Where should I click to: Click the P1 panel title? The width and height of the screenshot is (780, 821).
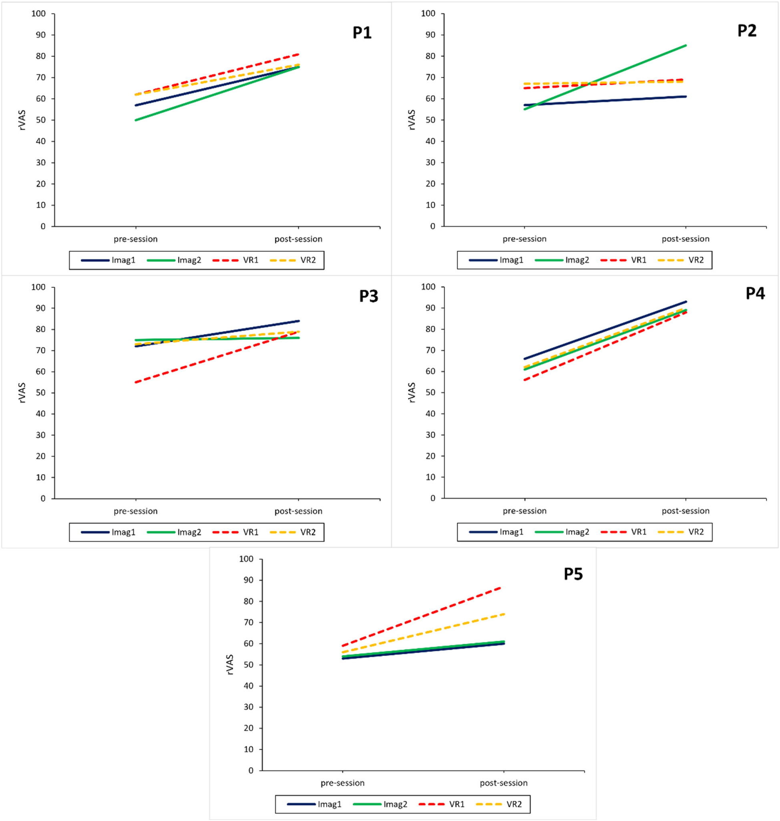pyautogui.click(x=362, y=32)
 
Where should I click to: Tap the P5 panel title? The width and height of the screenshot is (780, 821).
pyautogui.click(x=573, y=574)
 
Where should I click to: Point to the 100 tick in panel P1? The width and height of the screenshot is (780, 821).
pyautogui.click(x=38, y=14)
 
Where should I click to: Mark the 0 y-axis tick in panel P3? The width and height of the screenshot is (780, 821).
pyautogui.click(x=43, y=498)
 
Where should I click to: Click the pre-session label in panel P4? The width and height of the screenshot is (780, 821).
pyautogui.click(x=524, y=511)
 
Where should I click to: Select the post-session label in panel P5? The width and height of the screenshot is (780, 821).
pyautogui.click(x=503, y=783)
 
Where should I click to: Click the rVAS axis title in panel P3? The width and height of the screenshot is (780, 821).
pyautogui.click(x=22, y=393)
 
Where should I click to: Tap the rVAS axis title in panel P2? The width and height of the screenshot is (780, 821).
pyautogui.click(x=412, y=120)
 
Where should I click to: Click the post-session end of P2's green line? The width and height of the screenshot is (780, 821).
pyautogui.click(x=686, y=45)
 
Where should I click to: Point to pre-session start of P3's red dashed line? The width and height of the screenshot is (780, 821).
pyautogui.click(x=136, y=382)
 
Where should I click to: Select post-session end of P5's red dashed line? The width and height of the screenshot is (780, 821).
pyautogui.click(x=503, y=587)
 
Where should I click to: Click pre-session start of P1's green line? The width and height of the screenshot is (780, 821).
pyautogui.click(x=136, y=120)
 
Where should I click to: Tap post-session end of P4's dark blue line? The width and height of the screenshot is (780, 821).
pyautogui.click(x=686, y=302)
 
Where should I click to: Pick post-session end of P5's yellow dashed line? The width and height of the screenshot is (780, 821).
pyautogui.click(x=503, y=614)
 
